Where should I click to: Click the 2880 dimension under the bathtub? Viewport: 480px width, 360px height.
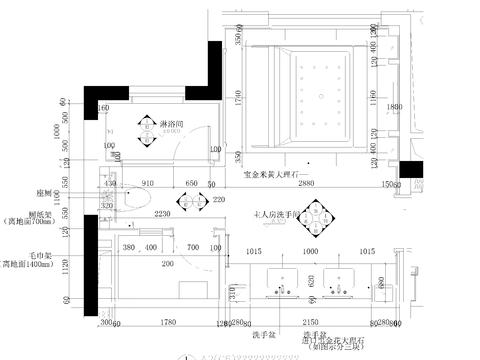coord(306,185)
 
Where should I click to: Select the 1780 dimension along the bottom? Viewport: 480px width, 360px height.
coord(169,322)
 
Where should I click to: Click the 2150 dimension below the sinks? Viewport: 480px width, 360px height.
coord(310,322)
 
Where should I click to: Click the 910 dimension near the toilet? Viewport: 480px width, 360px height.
coord(147,184)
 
